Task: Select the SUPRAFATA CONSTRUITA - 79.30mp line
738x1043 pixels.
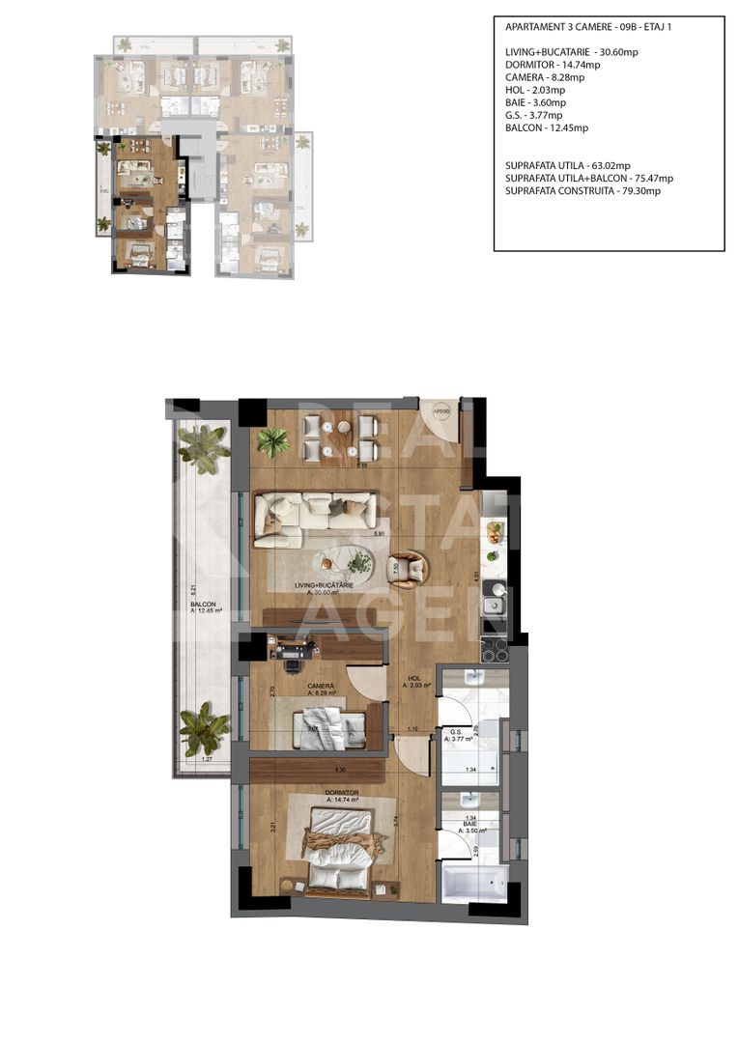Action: [x=582, y=191]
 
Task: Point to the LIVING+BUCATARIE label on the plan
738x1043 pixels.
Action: [x=324, y=586]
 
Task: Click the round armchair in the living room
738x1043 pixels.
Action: [x=407, y=569]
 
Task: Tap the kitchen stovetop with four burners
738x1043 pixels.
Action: [x=494, y=650]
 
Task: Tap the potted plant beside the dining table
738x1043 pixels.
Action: [x=274, y=442]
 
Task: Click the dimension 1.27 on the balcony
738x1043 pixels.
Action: [x=206, y=759]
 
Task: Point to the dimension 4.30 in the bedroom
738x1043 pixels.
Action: [x=340, y=769]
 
